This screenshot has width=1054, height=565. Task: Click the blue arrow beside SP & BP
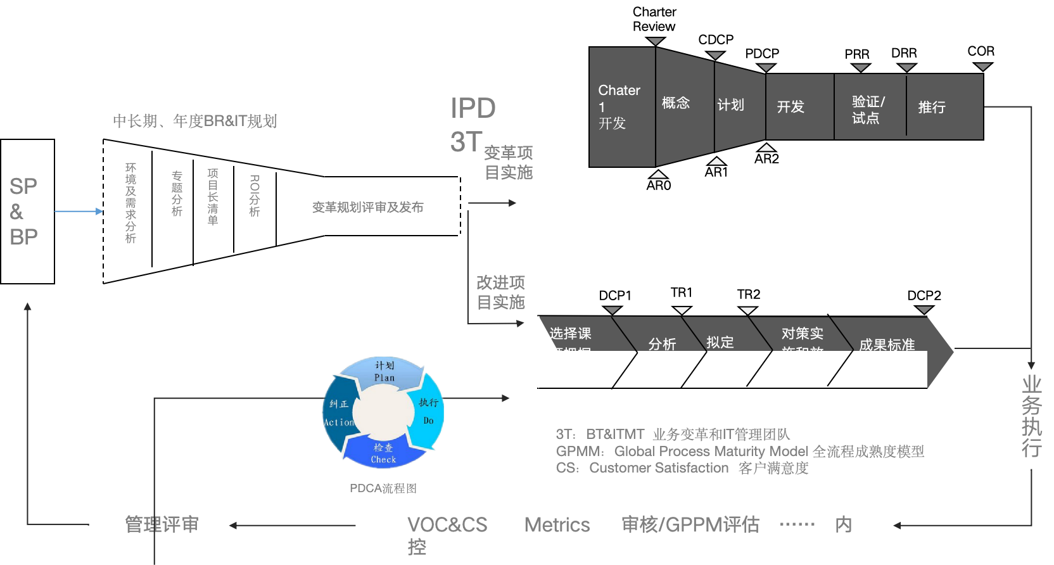79,211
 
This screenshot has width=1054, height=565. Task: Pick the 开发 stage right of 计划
799,106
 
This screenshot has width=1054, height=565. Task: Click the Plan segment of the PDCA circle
384,371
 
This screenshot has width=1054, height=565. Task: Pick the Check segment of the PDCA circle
383,454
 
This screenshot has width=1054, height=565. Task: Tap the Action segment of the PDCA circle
339,413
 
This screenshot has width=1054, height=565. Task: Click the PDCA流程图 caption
383,488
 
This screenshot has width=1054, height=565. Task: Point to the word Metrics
557,525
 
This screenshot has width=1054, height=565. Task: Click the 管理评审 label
162,524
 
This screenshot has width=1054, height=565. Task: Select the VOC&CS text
447,525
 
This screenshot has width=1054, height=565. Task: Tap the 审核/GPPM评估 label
690,524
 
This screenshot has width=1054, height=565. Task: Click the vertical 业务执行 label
1031,416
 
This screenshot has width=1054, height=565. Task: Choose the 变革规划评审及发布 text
367,207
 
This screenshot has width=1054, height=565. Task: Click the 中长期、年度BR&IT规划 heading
194,121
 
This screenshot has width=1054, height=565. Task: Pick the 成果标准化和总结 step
887,355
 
